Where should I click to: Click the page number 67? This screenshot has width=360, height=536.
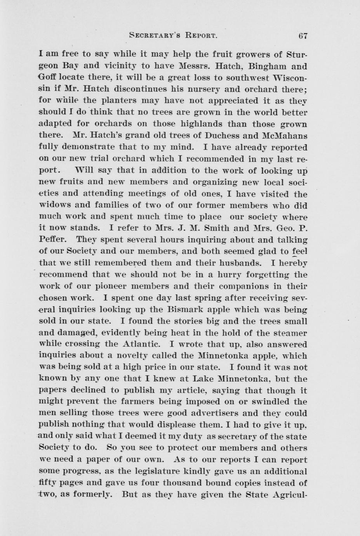303,35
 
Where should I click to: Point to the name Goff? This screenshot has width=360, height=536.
49,78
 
